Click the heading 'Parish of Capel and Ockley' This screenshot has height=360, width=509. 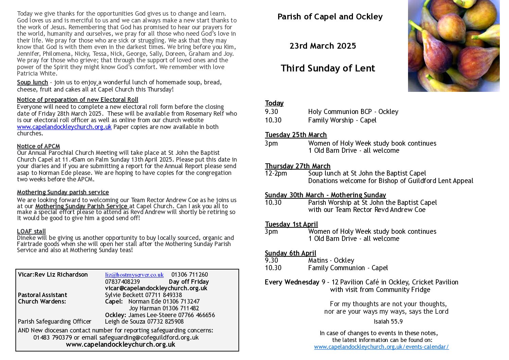(x=330, y=17)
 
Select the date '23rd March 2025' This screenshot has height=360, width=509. (x=323, y=46)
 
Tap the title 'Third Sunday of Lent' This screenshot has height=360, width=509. (x=328, y=68)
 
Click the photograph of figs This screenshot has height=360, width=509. (x=454, y=46)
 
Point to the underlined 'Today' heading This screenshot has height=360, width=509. (x=274, y=103)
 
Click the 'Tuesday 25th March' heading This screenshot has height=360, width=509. (x=296, y=135)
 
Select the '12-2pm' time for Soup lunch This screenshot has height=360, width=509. (x=276, y=173)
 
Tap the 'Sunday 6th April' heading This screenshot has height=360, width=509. (x=290, y=253)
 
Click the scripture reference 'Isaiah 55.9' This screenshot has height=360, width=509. (x=388, y=322)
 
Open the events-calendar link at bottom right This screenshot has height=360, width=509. (x=381, y=347)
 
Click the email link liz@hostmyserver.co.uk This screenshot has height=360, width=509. (x=134, y=275)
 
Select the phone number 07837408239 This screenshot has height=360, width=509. (x=122, y=282)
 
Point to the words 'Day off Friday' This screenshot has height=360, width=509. (x=189, y=282)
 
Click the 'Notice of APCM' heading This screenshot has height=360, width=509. (x=38, y=146)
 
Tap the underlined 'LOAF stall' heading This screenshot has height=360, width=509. (x=31, y=231)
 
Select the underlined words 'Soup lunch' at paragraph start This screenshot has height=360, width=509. (x=32, y=82)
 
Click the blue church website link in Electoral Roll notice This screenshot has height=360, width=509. (x=64, y=127)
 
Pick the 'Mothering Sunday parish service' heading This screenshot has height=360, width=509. (x=63, y=192)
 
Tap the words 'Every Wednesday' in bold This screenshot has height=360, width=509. (x=292, y=282)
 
